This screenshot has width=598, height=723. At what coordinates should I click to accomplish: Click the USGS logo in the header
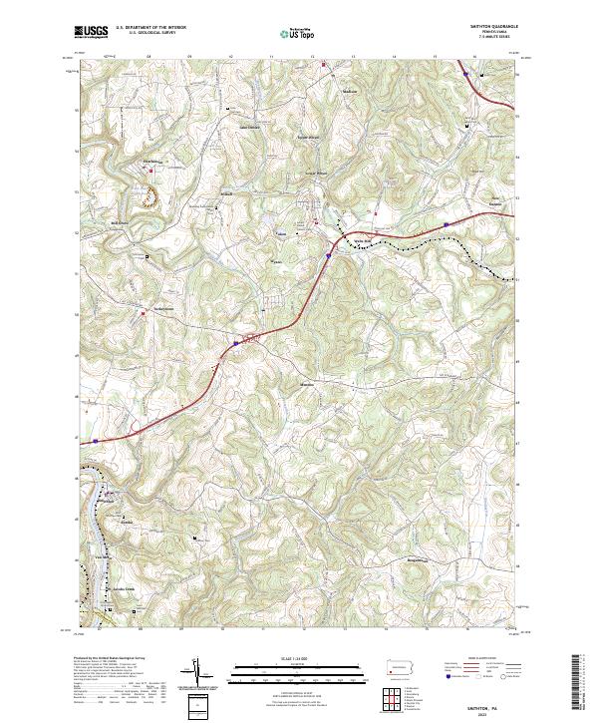click(x=91, y=32)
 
